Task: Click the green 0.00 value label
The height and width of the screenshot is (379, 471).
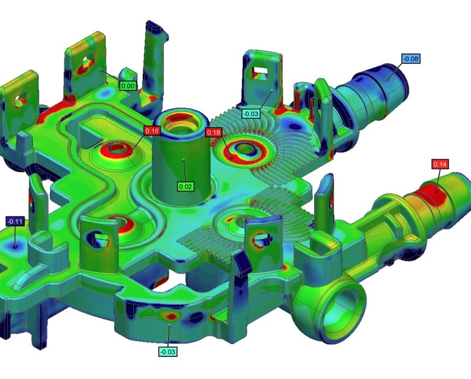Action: (128, 86)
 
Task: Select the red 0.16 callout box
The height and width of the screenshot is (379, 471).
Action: (152, 131)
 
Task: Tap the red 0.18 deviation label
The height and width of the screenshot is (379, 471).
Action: (213, 132)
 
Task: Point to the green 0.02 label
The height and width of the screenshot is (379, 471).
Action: (185, 187)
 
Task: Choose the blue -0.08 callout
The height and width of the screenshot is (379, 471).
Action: (411, 59)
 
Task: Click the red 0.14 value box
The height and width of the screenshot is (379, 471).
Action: (440, 164)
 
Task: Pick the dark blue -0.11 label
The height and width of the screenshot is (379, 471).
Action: (15, 222)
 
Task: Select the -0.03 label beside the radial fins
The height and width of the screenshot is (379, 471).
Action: (251, 114)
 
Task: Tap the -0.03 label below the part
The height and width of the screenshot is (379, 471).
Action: (167, 351)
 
